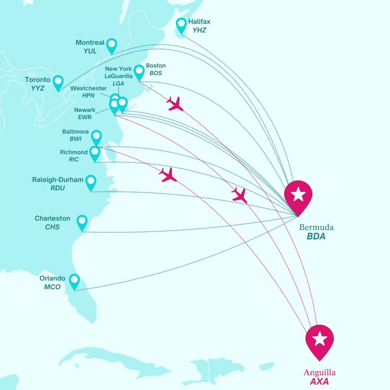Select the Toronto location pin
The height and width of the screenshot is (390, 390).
tap(58, 82)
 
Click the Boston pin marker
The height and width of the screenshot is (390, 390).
tap(139, 72)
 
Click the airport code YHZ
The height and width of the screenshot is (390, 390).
tap(199, 30)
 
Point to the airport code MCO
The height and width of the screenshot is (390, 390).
tap(52, 287)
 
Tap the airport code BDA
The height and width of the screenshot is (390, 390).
tap(316, 237)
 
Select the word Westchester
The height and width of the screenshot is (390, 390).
tap(88, 88)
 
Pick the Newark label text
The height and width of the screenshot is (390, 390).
tap(85, 110)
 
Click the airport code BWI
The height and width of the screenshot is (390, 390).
tap(76, 139)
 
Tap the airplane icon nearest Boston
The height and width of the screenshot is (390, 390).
tap(175, 104)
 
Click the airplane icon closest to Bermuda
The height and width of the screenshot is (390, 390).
tap(240, 195)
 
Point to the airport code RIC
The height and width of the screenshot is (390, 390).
tap(74, 159)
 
